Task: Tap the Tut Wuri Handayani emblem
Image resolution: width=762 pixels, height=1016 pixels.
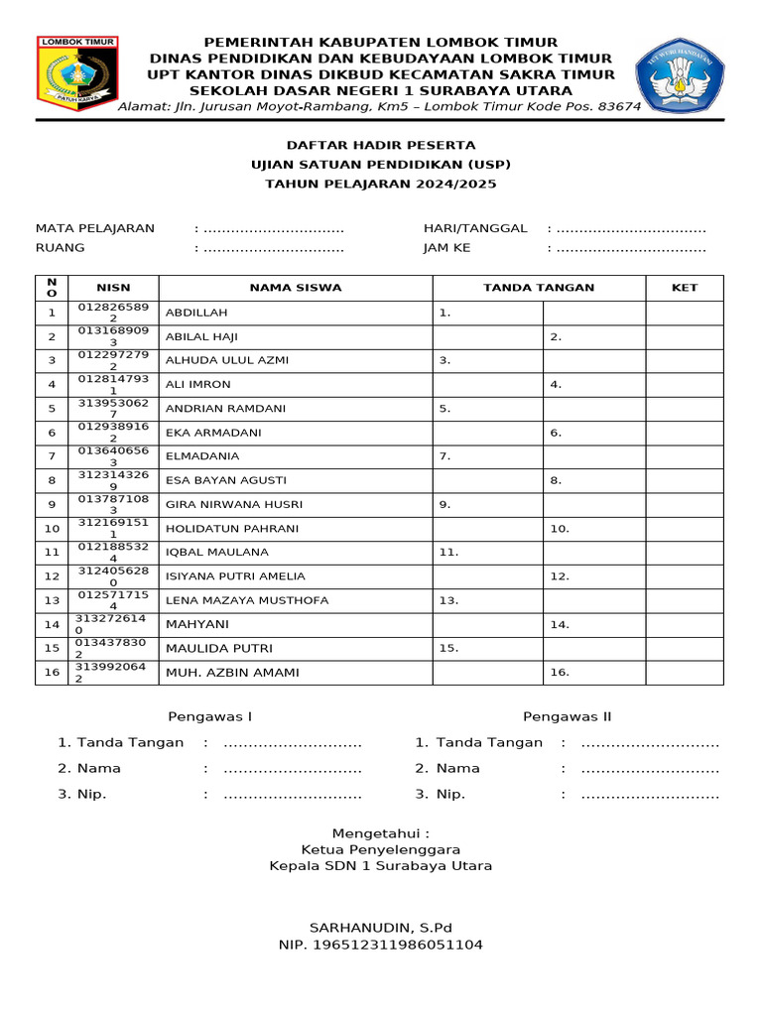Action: pos(679,75)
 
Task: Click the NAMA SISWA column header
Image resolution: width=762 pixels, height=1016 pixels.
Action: pos(295,288)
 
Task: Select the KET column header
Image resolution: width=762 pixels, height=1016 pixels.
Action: pos(685,288)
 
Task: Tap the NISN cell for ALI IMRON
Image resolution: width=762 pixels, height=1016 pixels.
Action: pos(113,384)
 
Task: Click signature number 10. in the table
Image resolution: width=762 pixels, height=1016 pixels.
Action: pos(560,529)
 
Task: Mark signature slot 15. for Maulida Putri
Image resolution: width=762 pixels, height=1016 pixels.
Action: pos(448,648)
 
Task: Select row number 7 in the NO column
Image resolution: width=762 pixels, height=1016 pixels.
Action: pos(52,456)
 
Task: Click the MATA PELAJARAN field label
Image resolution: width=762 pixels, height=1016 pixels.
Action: pos(95,228)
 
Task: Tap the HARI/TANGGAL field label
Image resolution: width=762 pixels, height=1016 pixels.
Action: pos(475,228)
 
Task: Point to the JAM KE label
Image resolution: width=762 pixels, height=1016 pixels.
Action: pos(446,248)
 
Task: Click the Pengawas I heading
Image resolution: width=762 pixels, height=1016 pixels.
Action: pos(210,716)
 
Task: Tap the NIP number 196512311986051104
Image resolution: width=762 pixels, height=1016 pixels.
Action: pos(380,945)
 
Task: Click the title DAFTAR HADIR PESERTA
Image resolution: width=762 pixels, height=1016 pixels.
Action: pos(381,145)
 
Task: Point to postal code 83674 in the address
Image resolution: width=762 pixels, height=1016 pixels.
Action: pos(616,106)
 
